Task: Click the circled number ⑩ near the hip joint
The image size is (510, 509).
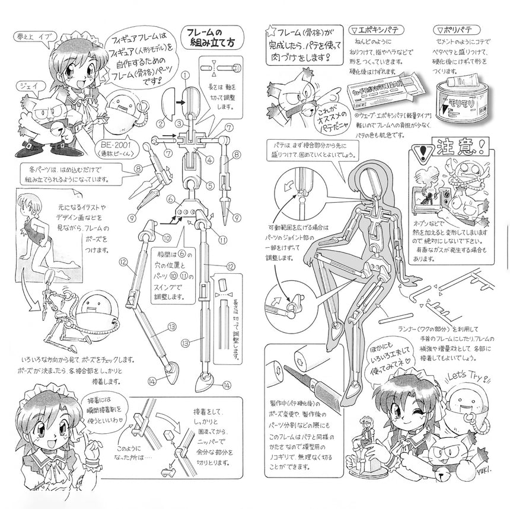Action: coord(151,237)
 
